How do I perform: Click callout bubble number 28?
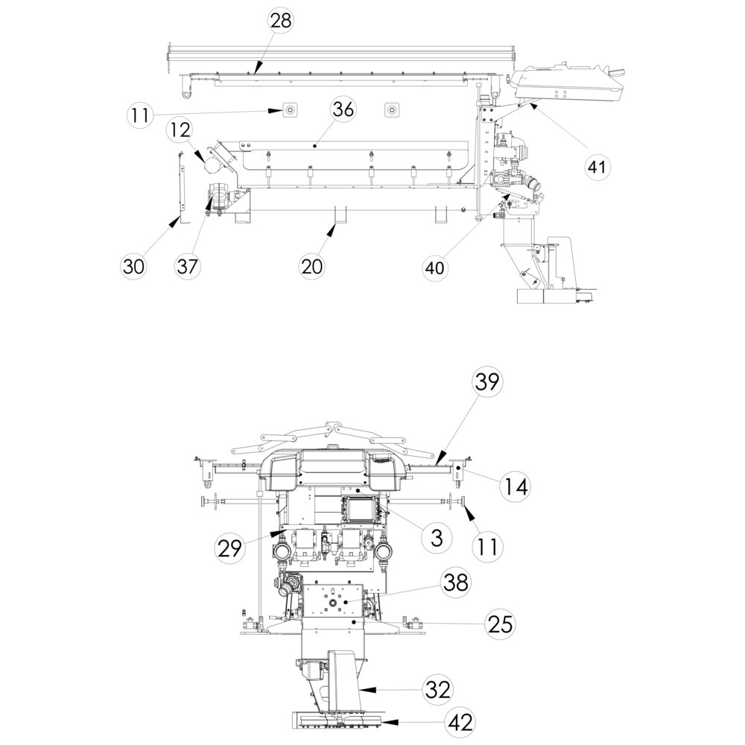[x=281, y=21]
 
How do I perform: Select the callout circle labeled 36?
[x=343, y=110]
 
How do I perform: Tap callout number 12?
[x=180, y=130]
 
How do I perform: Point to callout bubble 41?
[x=597, y=167]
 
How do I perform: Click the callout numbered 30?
[x=133, y=266]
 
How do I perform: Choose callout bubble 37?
[x=187, y=266]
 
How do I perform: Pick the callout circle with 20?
[x=311, y=266]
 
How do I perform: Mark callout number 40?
[x=435, y=267]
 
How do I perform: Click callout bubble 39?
[x=486, y=381]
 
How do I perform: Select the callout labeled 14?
[x=515, y=486]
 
